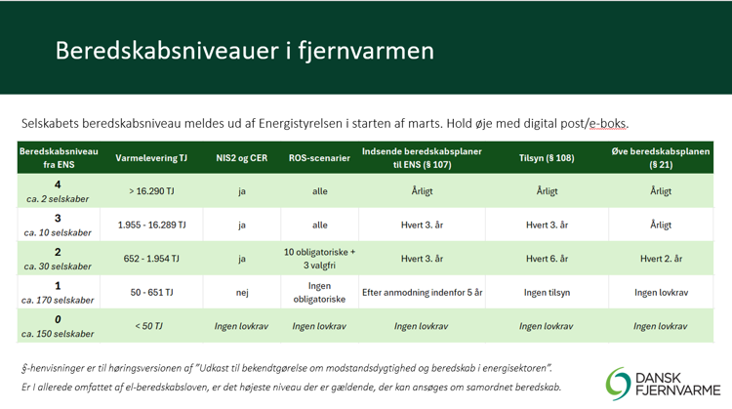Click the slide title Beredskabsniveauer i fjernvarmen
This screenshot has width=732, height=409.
coord(245,51)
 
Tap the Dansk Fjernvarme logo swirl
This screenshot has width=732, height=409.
coord(618,384)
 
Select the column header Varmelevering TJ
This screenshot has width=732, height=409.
coord(151,158)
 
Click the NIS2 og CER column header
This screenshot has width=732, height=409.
coord(241,158)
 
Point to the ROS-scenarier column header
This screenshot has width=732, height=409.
coord(319,158)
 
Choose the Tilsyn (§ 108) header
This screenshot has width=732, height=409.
coord(547,158)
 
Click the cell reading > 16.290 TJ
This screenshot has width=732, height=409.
coord(151,191)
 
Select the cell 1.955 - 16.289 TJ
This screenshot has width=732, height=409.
coord(151,225)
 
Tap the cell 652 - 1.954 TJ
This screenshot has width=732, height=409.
coord(151,259)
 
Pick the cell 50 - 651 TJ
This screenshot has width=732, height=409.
coord(151,292)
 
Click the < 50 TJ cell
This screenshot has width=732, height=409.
coord(149,326)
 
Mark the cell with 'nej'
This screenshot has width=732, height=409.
coord(242,293)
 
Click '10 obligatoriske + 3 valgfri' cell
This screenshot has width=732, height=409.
coord(319,259)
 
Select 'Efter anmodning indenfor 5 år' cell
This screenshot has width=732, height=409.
coord(422,292)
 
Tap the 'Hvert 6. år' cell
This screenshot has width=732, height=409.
coord(547,259)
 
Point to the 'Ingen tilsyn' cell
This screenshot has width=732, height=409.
coord(547,292)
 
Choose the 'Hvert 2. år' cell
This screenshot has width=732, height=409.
coord(661,259)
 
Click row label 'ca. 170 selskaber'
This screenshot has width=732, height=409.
coord(58,300)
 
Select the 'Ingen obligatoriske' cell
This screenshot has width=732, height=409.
coord(319,292)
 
